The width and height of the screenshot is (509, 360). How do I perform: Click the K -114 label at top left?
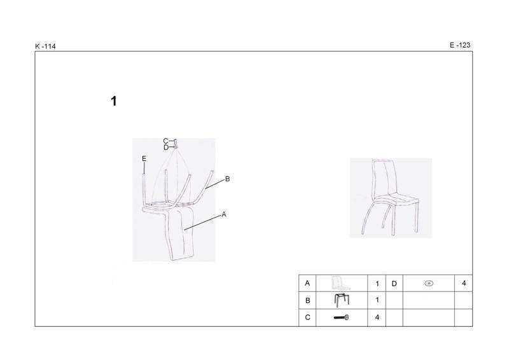point(45,46)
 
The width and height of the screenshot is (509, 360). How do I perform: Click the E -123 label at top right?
point(459,45)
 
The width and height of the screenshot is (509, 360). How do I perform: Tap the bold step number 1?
point(114,101)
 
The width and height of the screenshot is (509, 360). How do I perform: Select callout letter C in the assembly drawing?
point(165,141)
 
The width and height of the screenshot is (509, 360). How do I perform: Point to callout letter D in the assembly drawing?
point(166,148)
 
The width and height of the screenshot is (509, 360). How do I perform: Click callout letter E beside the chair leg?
point(144,159)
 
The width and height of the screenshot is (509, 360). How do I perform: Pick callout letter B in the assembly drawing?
point(227,179)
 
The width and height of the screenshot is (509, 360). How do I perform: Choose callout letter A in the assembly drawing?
point(224,214)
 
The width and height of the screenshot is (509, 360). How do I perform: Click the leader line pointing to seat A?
point(202,223)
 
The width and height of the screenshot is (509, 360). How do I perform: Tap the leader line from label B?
point(215,184)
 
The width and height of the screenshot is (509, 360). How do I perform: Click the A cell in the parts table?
point(307,284)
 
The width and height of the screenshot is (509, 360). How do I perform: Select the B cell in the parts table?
point(308,301)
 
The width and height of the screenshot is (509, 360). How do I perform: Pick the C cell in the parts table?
point(308,317)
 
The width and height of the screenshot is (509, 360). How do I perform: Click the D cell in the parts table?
point(394,284)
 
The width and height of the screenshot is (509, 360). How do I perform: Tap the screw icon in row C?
point(341,317)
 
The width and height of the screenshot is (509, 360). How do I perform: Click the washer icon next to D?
point(429,284)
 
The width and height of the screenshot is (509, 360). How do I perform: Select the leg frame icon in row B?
point(342,300)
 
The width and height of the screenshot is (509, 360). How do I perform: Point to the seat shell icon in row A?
point(341,284)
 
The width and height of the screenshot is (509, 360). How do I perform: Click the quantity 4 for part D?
point(464,284)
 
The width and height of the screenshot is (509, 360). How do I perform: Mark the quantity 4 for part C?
point(377,317)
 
